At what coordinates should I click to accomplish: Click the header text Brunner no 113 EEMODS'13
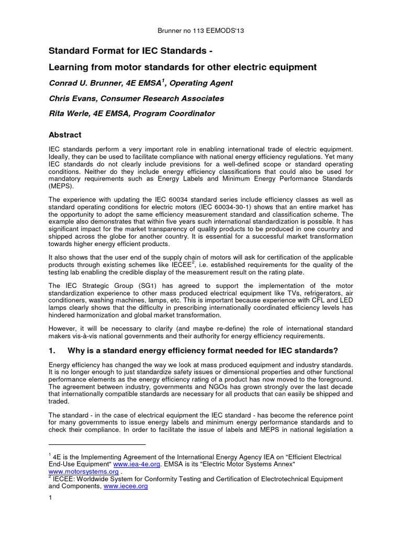pos(201,31)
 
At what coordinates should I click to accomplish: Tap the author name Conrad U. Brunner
pos(87,83)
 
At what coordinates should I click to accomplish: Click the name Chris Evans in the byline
pos(71,98)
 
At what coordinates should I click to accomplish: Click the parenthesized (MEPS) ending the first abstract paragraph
pos(61,186)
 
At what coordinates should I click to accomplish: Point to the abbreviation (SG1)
pos(153,285)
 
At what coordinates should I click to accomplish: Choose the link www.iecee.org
pos(126,486)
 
